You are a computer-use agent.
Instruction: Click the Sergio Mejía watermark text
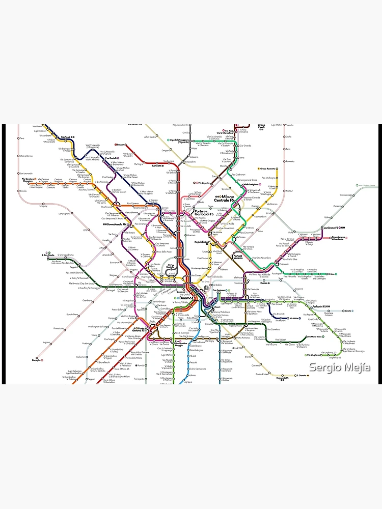pos(340,367)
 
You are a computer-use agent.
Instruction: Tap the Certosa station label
pos(65,137)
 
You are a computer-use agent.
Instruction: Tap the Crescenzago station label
pos(347,195)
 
